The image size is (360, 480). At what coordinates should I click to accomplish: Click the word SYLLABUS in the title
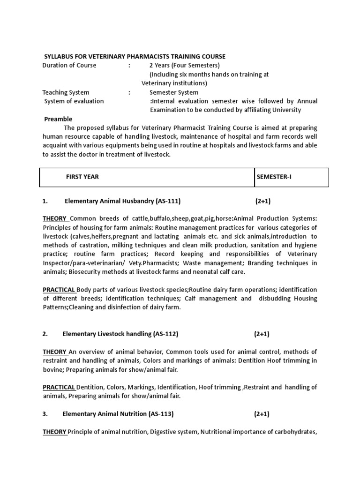click(58, 56)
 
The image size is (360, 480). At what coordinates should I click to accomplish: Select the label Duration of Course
click(69, 65)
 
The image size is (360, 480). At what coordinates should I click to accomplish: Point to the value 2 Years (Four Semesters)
click(184, 65)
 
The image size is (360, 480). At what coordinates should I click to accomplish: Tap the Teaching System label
click(66, 92)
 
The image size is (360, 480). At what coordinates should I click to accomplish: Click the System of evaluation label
click(74, 101)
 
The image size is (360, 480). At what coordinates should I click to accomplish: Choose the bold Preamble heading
click(58, 119)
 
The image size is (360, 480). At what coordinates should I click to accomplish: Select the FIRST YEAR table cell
click(82, 177)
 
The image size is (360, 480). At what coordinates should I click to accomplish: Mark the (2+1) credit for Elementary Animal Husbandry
click(263, 201)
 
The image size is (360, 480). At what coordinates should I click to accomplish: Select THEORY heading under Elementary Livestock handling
click(55, 352)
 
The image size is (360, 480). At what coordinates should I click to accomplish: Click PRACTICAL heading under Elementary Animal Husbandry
click(59, 290)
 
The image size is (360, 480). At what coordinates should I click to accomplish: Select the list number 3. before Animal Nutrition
click(45, 414)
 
